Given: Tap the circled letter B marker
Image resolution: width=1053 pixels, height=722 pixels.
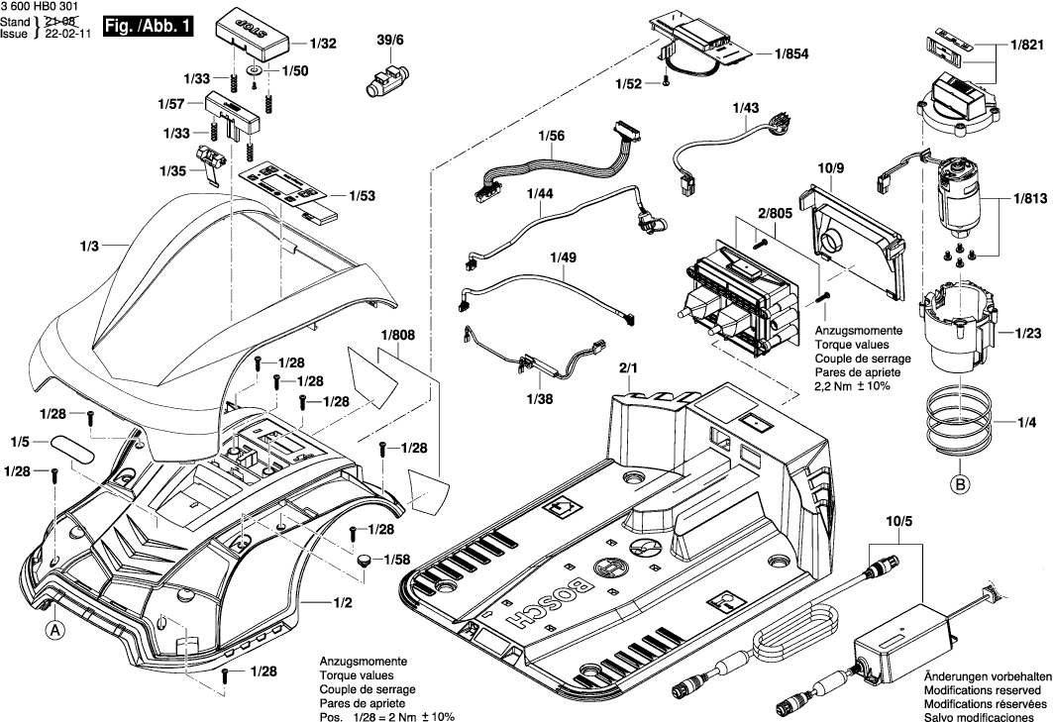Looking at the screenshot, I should [x=958, y=484].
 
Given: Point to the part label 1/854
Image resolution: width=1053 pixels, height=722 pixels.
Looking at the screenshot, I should [x=790, y=55].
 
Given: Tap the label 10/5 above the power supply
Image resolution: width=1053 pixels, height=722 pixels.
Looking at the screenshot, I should [x=899, y=521].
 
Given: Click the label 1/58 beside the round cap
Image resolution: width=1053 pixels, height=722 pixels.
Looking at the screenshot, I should [x=398, y=560].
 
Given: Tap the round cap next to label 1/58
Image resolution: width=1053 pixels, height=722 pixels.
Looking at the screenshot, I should [x=366, y=562].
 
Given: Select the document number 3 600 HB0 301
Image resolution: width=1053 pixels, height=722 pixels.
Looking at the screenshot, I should [x=44, y=7].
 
